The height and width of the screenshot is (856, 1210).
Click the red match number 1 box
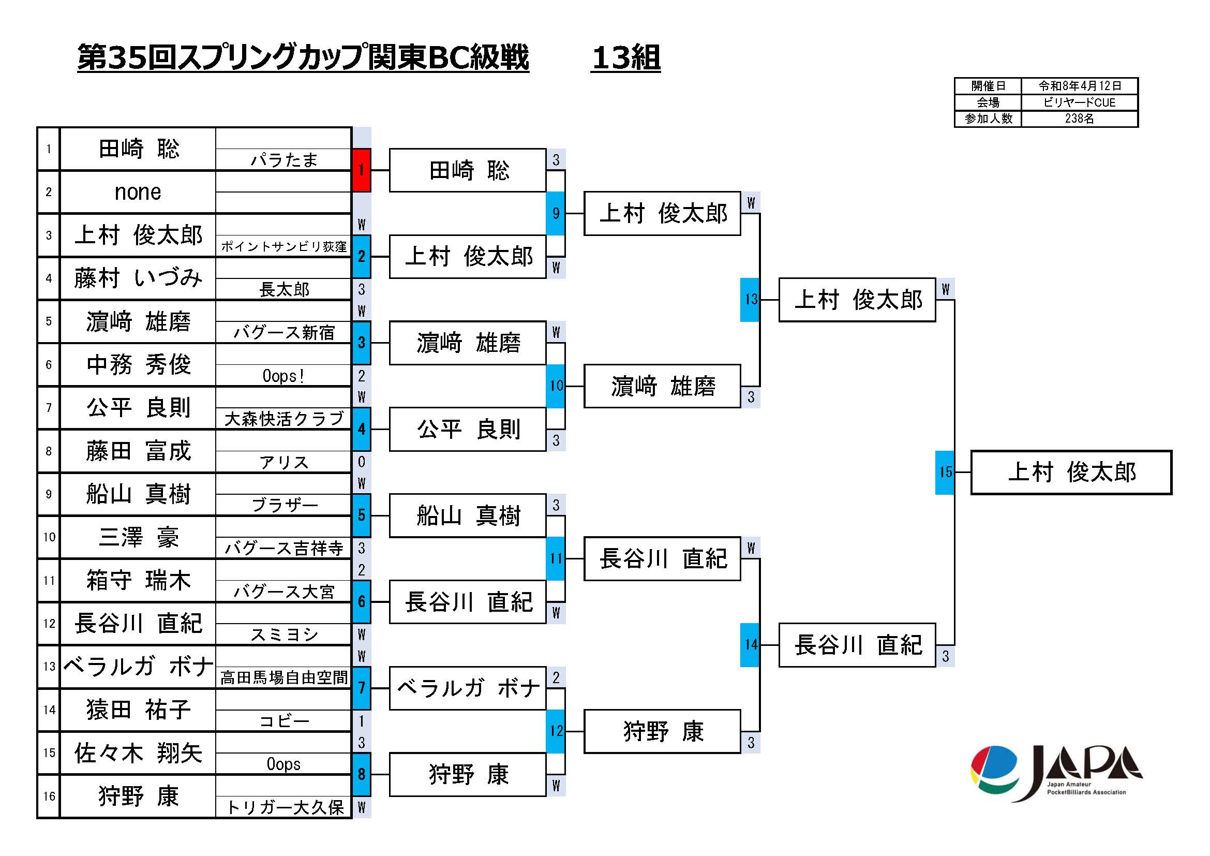coord(362,170)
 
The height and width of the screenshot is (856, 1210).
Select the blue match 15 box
coord(945,473)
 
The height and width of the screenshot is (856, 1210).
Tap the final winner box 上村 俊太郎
coord(1071,473)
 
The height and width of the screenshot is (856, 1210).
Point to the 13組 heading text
coord(625,57)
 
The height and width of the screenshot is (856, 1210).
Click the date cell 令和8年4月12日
coord(1079,86)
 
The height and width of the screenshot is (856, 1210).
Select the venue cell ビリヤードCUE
coord(1079,102)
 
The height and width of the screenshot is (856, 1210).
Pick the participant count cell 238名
coord(1079,119)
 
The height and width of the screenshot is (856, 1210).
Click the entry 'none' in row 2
coord(138,193)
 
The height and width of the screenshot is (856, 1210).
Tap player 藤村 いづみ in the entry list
coord(138,278)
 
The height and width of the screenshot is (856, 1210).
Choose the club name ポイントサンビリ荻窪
coord(283,247)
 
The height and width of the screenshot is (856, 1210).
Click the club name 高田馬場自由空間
coord(283,678)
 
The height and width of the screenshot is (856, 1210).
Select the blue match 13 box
coord(750,300)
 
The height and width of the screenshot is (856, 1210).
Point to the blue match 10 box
coord(556,386)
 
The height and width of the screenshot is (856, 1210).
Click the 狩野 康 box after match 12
coord(663,732)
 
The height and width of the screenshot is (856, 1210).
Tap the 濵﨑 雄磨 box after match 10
coord(663,387)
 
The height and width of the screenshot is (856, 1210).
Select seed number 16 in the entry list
coord(49,796)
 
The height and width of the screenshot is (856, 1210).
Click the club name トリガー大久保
coord(283,807)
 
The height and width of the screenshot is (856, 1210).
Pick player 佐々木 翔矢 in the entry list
coord(138,752)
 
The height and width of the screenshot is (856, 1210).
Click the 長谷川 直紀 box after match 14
coord(857,645)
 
